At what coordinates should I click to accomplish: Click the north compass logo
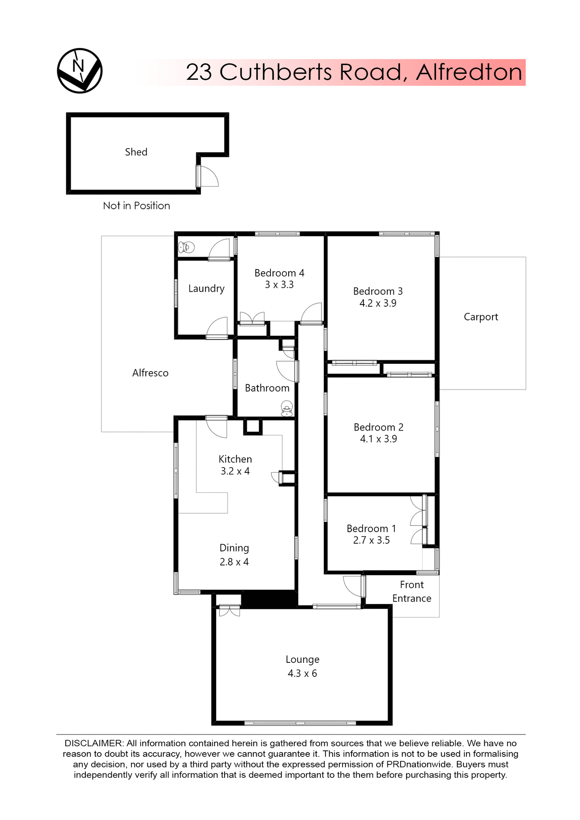(x=80, y=70)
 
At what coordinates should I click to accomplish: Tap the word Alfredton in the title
(x=469, y=72)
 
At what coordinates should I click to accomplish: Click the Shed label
(x=136, y=152)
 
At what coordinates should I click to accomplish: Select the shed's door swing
(x=208, y=176)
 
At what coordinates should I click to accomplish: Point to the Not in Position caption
(x=136, y=206)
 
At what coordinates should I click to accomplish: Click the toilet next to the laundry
(x=186, y=247)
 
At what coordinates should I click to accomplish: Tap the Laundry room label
(x=206, y=289)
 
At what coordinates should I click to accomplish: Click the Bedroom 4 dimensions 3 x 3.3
(x=279, y=285)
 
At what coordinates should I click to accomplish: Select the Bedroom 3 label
(x=378, y=291)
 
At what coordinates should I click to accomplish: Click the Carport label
(x=481, y=317)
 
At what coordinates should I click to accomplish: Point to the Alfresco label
(x=150, y=373)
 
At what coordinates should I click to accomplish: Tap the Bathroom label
(x=267, y=388)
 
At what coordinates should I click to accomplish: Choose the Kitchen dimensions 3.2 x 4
(x=235, y=471)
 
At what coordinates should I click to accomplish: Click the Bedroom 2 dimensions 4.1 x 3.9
(x=378, y=439)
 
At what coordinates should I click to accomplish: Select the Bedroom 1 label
(x=371, y=529)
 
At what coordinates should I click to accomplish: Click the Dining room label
(x=234, y=548)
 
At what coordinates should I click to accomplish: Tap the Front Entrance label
(x=412, y=592)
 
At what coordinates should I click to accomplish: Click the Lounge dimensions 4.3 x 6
(x=302, y=674)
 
